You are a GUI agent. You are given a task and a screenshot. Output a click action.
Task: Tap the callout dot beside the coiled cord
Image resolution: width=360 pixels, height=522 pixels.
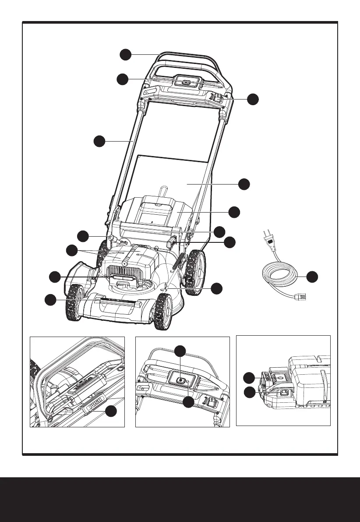pos(312,277)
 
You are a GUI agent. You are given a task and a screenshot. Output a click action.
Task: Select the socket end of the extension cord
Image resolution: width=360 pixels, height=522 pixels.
pos(302,298)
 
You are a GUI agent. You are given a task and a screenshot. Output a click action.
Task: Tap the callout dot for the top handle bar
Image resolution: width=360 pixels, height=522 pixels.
pos(126,54)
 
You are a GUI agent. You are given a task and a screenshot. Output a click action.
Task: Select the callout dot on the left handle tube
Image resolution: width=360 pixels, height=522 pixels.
pos(99,141)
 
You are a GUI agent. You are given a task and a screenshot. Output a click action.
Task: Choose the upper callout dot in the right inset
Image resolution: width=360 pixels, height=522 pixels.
pos(249,377)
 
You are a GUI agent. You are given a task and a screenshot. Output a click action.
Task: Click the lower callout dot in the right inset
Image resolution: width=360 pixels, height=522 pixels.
pos(249,392)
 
